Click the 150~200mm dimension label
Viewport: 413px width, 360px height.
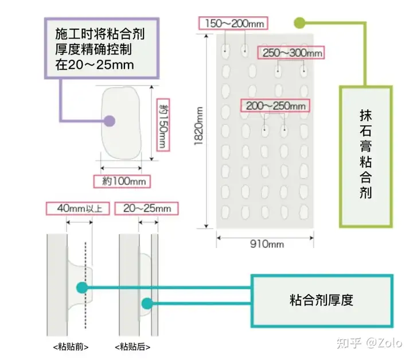coord(233,23)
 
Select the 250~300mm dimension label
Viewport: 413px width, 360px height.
coord(291,53)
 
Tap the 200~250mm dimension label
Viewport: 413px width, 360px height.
coord(275,106)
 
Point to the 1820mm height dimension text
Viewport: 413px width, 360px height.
coord(198,126)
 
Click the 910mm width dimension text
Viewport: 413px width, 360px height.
coord(267,244)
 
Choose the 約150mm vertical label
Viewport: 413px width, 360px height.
coord(163,125)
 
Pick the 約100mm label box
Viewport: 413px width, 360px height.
coord(122,181)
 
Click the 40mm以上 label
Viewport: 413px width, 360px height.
coord(77,208)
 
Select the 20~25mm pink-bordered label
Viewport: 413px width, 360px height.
coord(146,208)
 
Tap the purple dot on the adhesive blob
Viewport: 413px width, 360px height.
coord(110,121)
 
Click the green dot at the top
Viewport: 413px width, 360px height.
coord(299,23)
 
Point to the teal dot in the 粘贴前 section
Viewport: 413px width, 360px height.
coord(82,288)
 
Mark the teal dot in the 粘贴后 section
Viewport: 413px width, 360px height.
coord(147,304)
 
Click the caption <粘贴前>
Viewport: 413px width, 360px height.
coord(71,347)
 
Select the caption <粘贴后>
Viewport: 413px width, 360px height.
coord(133,347)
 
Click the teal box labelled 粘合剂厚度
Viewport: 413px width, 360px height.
coord(322,301)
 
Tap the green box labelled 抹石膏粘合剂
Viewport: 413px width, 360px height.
coord(365,157)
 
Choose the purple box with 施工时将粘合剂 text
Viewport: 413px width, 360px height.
coord(102,48)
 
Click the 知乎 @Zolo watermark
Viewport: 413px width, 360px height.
coord(369,343)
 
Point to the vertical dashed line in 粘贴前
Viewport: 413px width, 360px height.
coord(85,285)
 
